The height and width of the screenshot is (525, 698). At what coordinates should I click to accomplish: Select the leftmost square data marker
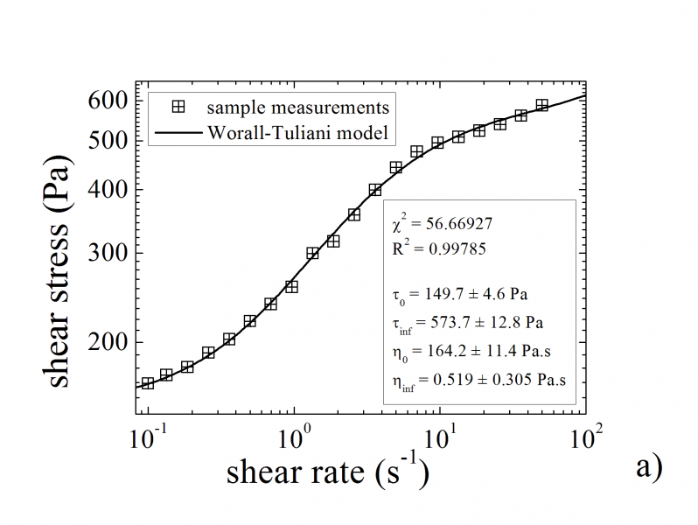pos(148,383)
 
